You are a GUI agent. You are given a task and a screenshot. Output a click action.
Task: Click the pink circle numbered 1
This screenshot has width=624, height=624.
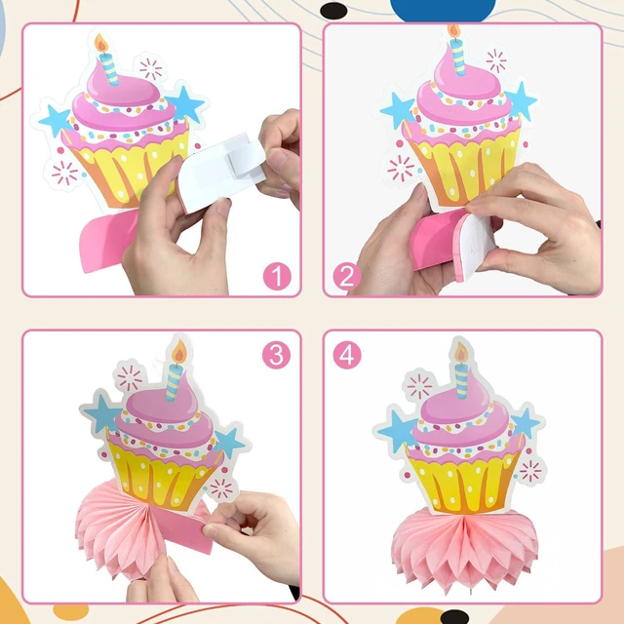point(277,276)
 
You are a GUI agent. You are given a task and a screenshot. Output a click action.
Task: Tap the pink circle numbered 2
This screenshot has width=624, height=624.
point(347,276)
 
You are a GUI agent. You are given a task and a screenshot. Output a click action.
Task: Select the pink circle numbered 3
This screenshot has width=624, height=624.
point(276,355)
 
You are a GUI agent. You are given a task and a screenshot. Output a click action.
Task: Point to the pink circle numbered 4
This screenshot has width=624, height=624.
point(347,355)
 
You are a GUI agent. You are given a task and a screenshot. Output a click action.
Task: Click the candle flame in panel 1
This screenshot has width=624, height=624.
point(101,43)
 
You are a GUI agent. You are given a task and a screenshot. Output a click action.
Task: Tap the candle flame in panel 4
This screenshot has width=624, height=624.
point(461,352)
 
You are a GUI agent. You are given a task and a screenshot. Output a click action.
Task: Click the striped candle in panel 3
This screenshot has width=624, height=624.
point(174,382)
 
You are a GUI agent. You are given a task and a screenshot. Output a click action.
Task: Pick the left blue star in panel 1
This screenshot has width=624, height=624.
point(58,119)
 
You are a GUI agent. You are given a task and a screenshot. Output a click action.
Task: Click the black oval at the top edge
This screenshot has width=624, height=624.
point(333,11)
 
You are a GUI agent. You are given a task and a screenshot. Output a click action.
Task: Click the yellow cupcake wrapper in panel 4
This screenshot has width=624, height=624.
point(465,484)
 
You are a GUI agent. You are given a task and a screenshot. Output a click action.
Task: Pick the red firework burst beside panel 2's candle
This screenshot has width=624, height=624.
point(496,60)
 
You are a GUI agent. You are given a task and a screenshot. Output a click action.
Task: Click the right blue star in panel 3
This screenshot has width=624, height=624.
point(228,443)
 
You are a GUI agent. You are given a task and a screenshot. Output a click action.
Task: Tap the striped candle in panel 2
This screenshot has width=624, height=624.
point(457,57)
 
